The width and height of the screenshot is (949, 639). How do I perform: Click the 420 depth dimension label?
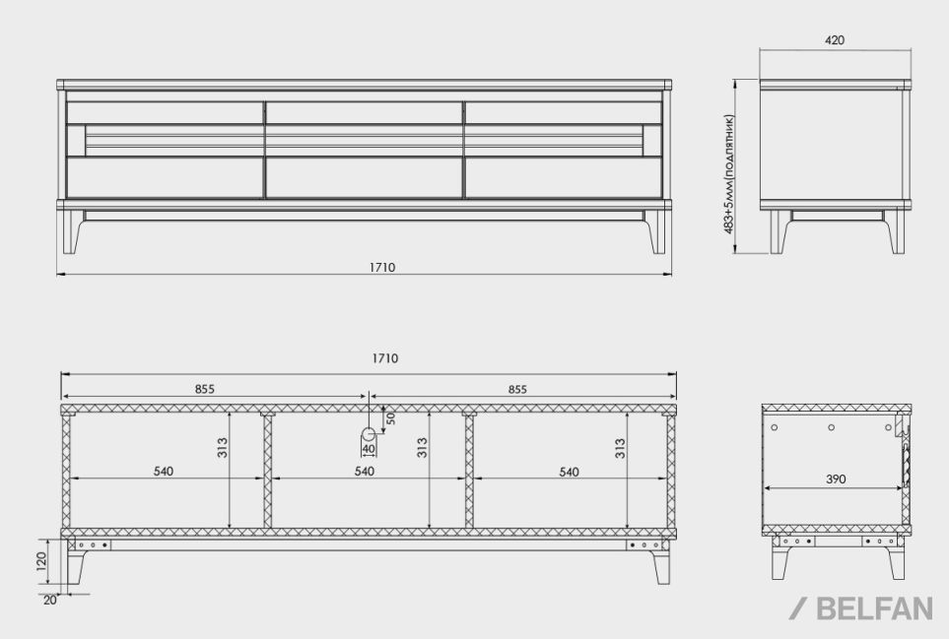pyautogui.click(x=834, y=40)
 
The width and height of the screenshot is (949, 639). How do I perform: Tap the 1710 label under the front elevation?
pyautogui.click(x=382, y=267)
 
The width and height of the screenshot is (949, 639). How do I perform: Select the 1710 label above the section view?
pyautogui.click(x=385, y=358)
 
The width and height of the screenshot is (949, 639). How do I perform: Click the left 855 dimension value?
pyautogui.click(x=205, y=389)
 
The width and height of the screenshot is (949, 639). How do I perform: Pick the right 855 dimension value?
pyautogui.click(x=517, y=389)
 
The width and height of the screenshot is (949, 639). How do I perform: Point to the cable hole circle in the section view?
pyautogui.click(x=369, y=433)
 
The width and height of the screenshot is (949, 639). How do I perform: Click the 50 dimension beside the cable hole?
pyautogui.click(x=391, y=418)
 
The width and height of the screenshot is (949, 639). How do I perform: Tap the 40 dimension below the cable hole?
pyautogui.click(x=369, y=449)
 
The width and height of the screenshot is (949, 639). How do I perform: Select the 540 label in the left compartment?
pyautogui.click(x=164, y=471)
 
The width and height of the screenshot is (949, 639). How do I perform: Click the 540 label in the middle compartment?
pyautogui.click(x=365, y=471)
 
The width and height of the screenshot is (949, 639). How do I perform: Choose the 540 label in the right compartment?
pyautogui.click(x=569, y=472)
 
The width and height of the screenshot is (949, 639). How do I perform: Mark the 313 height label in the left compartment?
pyautogui.click(x=222, y=448)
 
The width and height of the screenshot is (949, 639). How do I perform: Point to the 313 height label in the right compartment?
pyautogui.click(x=620, y=448)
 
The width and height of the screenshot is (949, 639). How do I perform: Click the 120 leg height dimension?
pyautogui.click(x=41, y=561)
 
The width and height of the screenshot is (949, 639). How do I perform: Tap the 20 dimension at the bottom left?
pyautogui.click(x=49, y=601)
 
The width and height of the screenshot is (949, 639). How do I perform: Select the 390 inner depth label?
pyautogui.click(x=836, y=479)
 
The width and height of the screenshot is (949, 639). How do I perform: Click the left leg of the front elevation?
pyautogui.click(x=73, y=231)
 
